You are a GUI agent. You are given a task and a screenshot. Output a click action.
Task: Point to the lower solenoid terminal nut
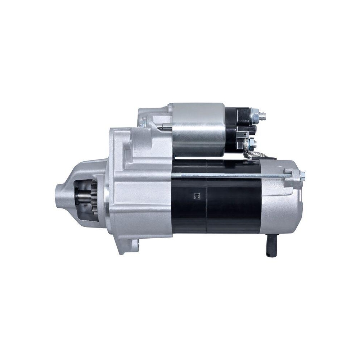252,143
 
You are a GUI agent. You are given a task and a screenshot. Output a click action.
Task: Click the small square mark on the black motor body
197,196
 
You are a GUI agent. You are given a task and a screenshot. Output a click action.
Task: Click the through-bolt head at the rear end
302,175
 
